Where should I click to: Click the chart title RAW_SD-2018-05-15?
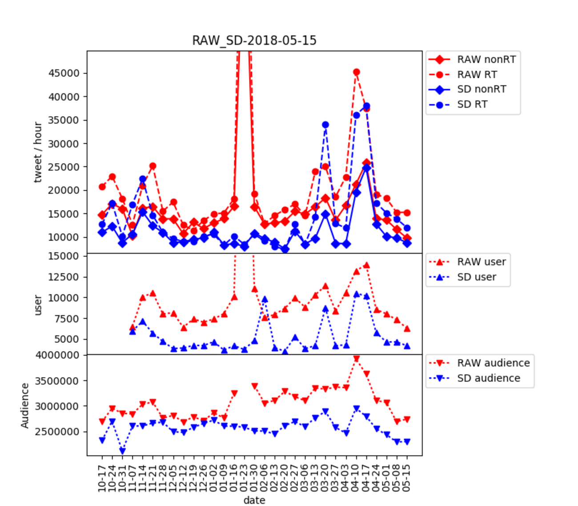[254, 40]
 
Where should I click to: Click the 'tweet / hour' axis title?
[38, 152]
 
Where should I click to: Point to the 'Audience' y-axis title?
[25, 406]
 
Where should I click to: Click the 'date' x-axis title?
[254, 500]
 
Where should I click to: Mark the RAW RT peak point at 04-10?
[357, 72]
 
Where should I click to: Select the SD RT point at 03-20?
[326, 125]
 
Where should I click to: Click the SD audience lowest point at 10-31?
[123, 451]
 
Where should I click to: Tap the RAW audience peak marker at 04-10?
[357, 359]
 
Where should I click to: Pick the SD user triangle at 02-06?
[265, 299]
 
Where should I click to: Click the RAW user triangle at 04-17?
[367, 265]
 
